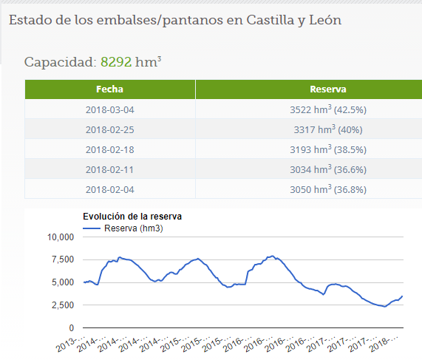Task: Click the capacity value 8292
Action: pyautogui.click(x=115, y=62)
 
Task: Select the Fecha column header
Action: pyautogui.click(x=109, y=89)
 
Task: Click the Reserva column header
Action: pyautogui.click(x=328, y=89)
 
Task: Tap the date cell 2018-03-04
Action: pyautogui.click(x=109, y=109)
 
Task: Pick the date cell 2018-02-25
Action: pyautogui.click(x=109, y=129)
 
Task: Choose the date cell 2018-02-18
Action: pyautogui.click(x=109, y=149)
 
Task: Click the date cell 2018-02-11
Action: pyautogui.click(x=109, y=169)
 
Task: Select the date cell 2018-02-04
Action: pyautogui.click(x=109, y=189)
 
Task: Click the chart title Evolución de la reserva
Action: pyautogui.click(x=132, y=217)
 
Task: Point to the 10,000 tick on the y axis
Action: pyautogui.click(x=61, y=237)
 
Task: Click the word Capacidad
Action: pyautogui.click(x=60, y=62)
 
